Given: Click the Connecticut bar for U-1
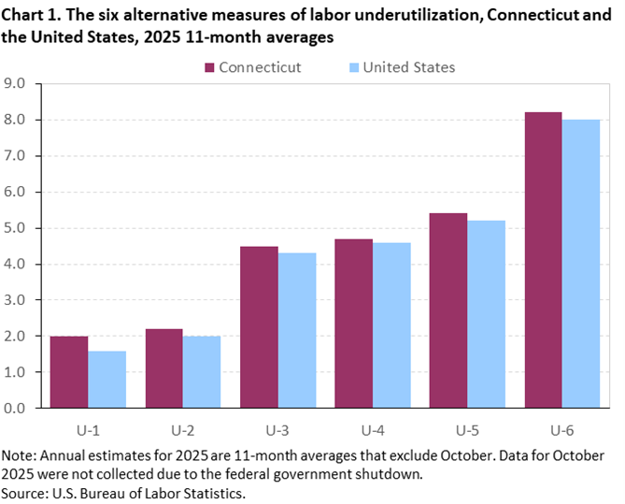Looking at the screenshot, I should pyautogui.click(x=69, y=372).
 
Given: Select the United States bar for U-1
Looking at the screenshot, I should pyautogui.click(x=107, y=380).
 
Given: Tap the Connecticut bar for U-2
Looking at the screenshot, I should pyautogui.click(x=164, y=368).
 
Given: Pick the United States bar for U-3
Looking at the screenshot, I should pyautogui.click(x=296, y=331).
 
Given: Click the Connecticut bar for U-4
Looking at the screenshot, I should pyautogui.click(x=353, y=324).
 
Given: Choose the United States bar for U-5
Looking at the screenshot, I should pyautogui.click(x=486, y=314).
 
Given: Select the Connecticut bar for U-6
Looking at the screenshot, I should pyautogui.click(x=543, y=260).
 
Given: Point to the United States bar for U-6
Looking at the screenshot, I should pyautogui.click(x=580, y=264).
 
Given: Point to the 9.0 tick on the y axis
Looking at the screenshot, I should pyautogui.click(x=21, y=84).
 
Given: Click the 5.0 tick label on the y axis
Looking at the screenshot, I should pyautogui.click(x=21, y=228).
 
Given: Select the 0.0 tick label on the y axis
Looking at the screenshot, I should pyautogui.click(x=21, y=409).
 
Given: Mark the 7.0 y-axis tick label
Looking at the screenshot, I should pyautogui.click(x=21, y=156).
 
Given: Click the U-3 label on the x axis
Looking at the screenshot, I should pyautogui.click(x=277, y=431).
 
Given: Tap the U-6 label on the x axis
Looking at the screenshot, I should pyautogui.click(x=561, y=431).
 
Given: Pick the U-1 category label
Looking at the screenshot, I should pyautogui.click(x=88, y=431).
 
